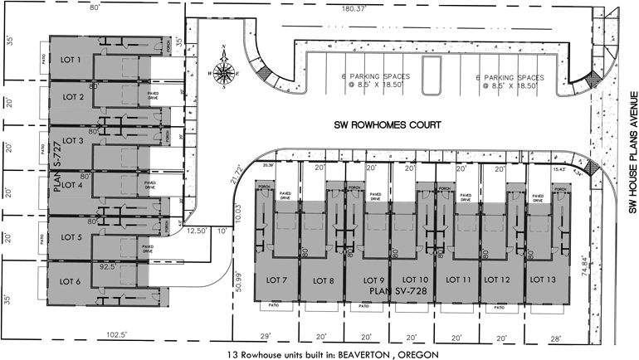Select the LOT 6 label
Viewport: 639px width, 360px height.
click(x=70, y=281)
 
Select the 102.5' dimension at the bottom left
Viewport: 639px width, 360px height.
click(x=118, y=336)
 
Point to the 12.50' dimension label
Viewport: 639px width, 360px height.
click(x=197, y=231)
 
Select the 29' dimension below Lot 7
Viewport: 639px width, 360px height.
click(x=266, y=337)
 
